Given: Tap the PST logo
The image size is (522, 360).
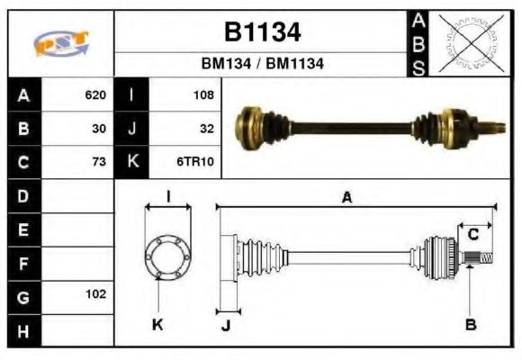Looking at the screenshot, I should point(60,42).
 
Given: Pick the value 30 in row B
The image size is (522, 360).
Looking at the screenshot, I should point(100,129).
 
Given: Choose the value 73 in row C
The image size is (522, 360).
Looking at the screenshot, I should point(100,162).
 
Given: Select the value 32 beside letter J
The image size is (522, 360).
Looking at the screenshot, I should point(206,129).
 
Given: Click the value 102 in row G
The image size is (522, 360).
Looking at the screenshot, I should point(95,294).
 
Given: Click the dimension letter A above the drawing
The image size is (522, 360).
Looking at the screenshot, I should point(346,198).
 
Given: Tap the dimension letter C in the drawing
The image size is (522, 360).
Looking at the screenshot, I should point(472,236).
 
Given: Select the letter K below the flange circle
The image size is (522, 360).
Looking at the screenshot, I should point(157,326).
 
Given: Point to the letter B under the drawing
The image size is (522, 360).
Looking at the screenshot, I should point(470,326).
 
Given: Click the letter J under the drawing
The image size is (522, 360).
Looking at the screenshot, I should point(225,326).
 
